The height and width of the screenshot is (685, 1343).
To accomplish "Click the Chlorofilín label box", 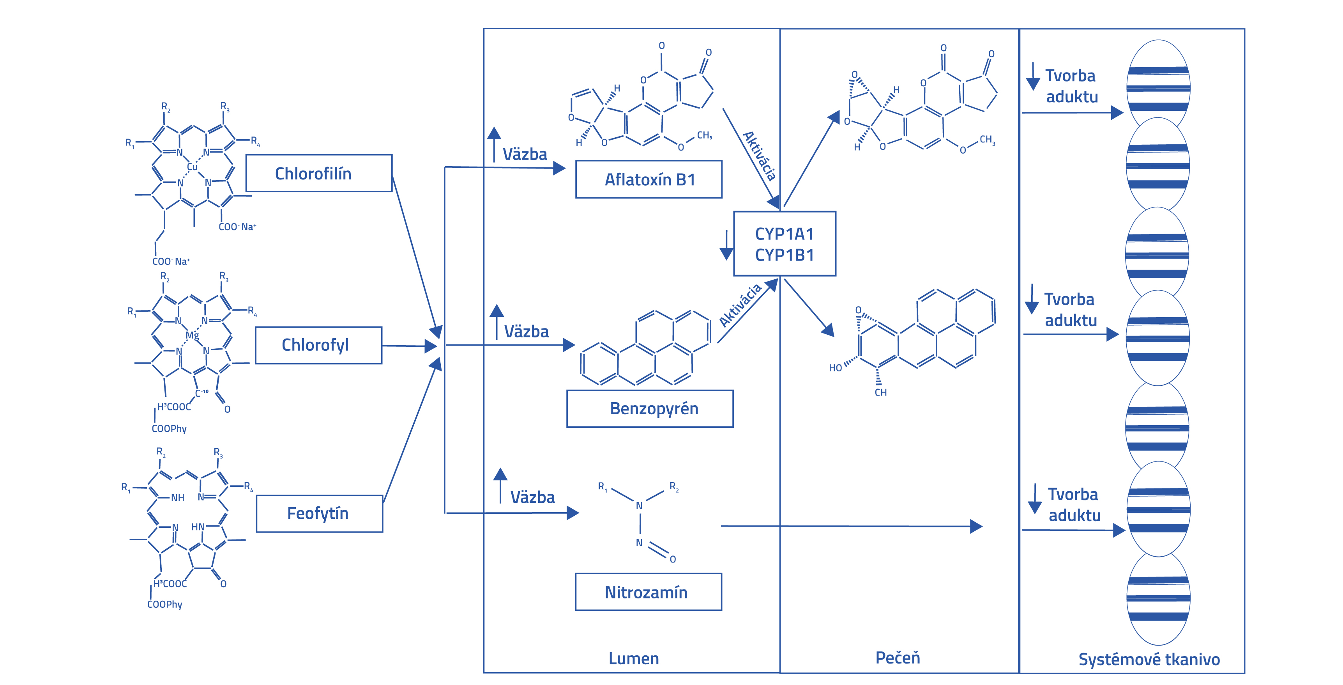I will click(318, 173).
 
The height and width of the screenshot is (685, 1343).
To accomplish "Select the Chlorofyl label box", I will click(318, 345).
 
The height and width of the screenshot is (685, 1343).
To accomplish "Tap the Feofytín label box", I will click(319, 513).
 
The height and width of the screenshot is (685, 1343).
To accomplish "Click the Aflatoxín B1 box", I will click(649, 179).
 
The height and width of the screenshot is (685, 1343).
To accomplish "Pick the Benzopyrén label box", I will click(650, 408).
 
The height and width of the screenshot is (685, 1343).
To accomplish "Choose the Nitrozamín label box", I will click(648, 592).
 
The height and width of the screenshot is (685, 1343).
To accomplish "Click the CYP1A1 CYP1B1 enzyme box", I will click(784, 244).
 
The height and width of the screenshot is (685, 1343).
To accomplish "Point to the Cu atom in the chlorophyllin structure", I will click(193, 167).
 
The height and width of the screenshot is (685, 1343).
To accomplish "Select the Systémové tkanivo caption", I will click(1149, 659).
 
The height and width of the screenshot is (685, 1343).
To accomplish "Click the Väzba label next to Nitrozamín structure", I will click(532, 497).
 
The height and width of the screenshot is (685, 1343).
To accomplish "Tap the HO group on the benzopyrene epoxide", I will click(835, 368).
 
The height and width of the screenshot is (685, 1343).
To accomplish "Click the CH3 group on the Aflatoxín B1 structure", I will click(704, 136).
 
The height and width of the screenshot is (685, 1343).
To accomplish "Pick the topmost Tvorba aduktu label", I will click(1071, 86).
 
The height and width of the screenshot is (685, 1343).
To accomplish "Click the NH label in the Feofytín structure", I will click(178, 498).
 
